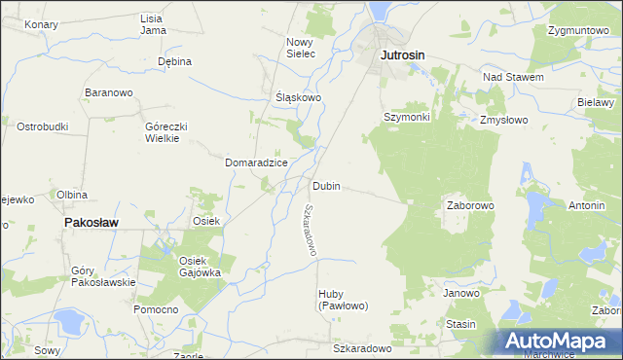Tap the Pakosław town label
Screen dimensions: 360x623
(x=91, y=222)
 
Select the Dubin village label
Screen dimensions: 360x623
(x=327, y=186)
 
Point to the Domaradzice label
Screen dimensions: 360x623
(x=256, y=162)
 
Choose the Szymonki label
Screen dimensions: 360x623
(x=407, y=116)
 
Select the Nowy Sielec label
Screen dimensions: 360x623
(x=300, y=48)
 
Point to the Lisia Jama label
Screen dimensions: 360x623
(x=152, y=23)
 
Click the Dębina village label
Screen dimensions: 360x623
(x=174, y=61)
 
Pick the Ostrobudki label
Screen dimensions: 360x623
(x=42, y=126)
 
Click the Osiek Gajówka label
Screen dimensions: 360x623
(x=200, y=266)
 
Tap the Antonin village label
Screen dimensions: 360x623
(x=587, y=206)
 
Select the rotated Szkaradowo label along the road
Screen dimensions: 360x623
(x=311, y=230)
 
